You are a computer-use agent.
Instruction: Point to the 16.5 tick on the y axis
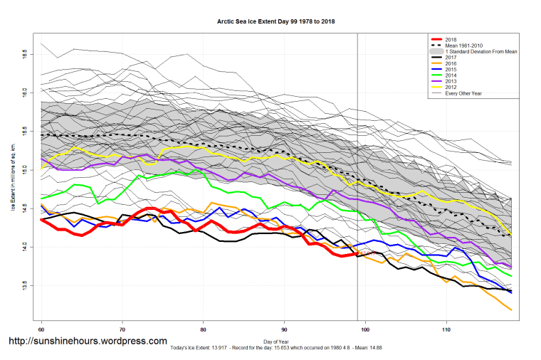point(26,53)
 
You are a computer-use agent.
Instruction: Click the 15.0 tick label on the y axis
point(26,170)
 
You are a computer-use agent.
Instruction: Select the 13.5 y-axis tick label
point(26,286)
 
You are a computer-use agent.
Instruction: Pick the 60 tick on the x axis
point(42,331)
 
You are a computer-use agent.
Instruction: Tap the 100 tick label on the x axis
point(365,331)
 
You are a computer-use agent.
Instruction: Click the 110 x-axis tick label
point(446,331)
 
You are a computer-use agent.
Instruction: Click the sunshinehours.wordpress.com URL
point(88,342)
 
